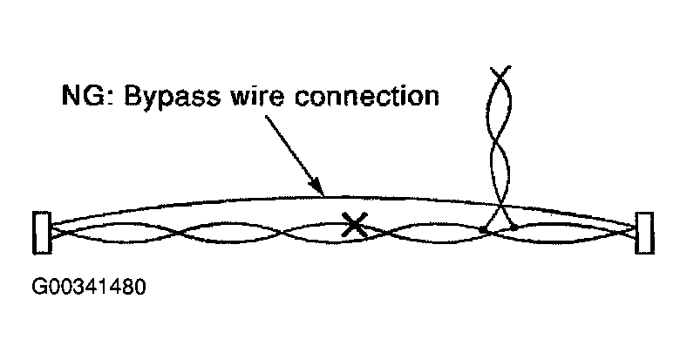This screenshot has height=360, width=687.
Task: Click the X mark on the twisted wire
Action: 353,226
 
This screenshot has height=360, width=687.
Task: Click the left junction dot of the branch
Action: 482,230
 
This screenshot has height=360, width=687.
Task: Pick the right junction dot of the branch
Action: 514,228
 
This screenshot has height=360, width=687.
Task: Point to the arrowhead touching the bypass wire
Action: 320,191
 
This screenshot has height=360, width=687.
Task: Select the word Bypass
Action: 165,97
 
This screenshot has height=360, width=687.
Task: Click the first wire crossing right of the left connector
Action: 173,231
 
